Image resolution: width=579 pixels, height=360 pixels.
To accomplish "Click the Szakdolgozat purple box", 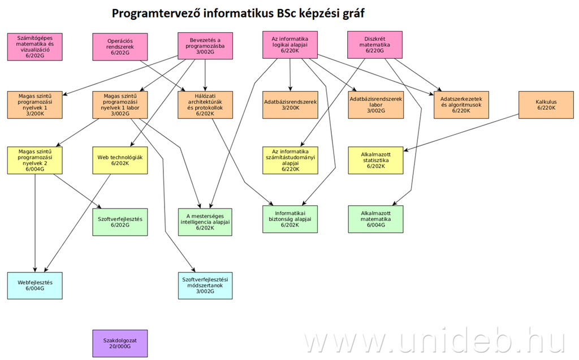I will tap(120, 343).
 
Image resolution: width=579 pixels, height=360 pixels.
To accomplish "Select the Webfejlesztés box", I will tap(35, 285).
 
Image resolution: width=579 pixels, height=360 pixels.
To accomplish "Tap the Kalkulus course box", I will tap(546, 105).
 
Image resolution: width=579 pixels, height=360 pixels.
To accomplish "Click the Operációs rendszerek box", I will tap(120, 46).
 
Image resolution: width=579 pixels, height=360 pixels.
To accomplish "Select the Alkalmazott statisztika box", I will tap(376, 160).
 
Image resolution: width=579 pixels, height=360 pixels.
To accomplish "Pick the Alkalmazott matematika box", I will tap(376, 218).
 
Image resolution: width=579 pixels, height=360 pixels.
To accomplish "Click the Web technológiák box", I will tap(120, 160).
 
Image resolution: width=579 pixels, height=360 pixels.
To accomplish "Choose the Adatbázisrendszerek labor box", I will tap(376, 105).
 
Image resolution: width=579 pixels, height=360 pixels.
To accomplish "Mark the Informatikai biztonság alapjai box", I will tap(291, 218).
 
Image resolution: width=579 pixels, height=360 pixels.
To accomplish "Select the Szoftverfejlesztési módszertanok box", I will tap(205, 285).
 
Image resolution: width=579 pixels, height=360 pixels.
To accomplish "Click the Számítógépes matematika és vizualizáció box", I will tap(35, 46).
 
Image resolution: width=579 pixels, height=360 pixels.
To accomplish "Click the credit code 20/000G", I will tap(120, 346).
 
